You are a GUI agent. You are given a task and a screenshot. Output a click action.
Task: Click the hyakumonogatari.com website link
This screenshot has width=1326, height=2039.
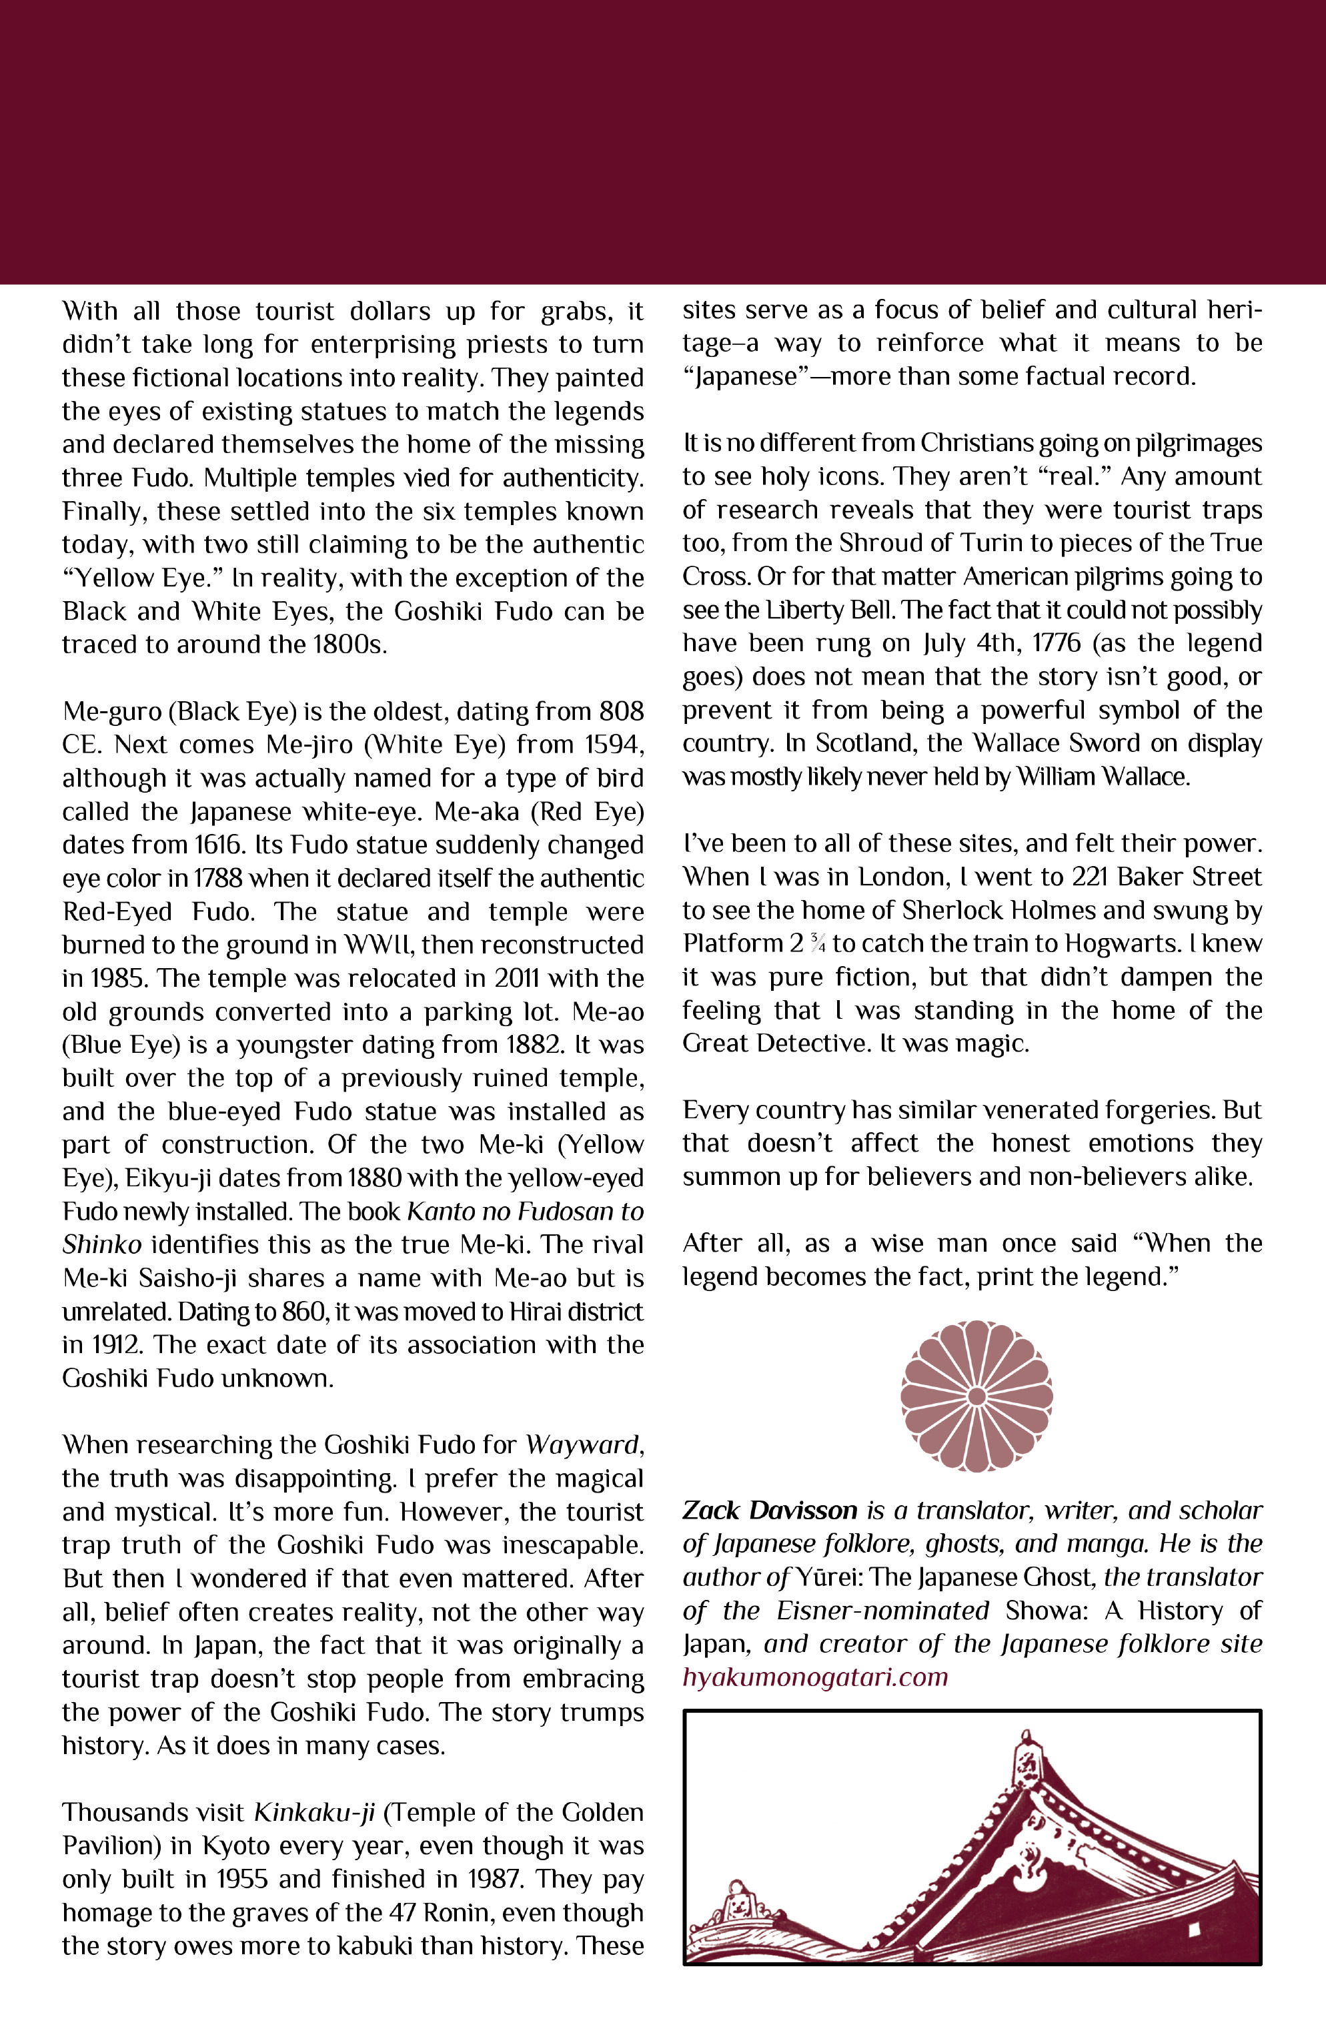click(x=814, y=1677)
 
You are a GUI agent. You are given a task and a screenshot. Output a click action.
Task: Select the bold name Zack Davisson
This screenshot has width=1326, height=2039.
click(x=769, y=1511)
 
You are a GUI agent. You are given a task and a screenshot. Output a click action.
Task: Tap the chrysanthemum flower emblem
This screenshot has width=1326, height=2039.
click(x=976, y=1396)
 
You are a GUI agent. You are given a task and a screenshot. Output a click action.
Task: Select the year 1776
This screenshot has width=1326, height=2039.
click(x=1056, y=643)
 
